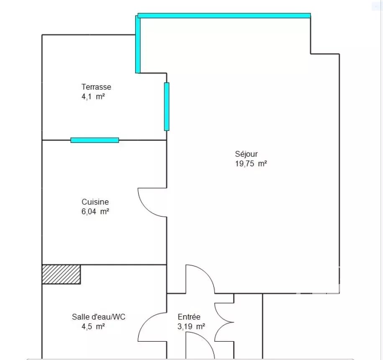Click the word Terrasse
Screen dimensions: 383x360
96,87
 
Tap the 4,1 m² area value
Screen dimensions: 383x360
93,97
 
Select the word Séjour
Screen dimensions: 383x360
246,154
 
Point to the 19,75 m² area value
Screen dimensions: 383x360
251,163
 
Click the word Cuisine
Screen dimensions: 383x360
95,202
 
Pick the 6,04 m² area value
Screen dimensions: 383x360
95,212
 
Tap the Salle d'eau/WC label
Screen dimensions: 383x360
98,317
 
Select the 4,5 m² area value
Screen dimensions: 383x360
93,326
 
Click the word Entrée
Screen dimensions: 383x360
189,317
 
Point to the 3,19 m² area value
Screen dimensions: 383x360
191,326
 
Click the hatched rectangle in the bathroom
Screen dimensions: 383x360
61,274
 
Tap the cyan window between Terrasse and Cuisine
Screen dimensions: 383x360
95,140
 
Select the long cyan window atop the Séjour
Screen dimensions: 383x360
224,15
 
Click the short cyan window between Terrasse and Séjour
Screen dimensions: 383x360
167,107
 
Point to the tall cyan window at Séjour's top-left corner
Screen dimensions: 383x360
138,44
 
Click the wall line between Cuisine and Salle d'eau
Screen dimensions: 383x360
104,265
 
